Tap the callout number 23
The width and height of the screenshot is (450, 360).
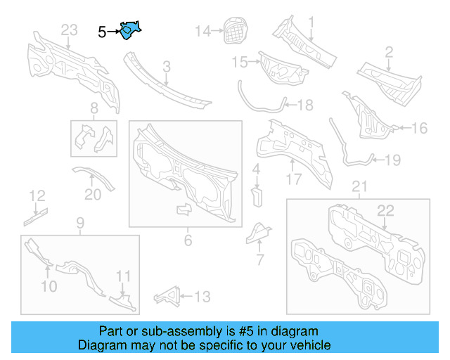pyautogui.click(x=69, y=30)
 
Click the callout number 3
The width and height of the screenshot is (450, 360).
pyautogui.click(x=167, y=67)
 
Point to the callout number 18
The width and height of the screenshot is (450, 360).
pyautogui.click(x=305, y=105)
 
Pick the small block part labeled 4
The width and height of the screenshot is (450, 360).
pyautogui.click(x=257, y=195)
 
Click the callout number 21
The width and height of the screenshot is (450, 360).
pyautogui.click(x=359, y=186)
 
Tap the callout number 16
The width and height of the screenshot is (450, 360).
pyautogui.click(x=419, y=128)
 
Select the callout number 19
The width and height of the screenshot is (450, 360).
pyautogui.click(x=392, y=160)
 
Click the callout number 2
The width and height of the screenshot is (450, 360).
pyautogui.click(x=388, y=51)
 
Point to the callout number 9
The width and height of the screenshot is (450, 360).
pyautogui.click(x=79, y=224)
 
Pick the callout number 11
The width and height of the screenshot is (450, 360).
pyautogui.click(x=123, y=276)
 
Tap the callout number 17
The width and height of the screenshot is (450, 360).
pyautogui.click(x=293, y=179)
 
